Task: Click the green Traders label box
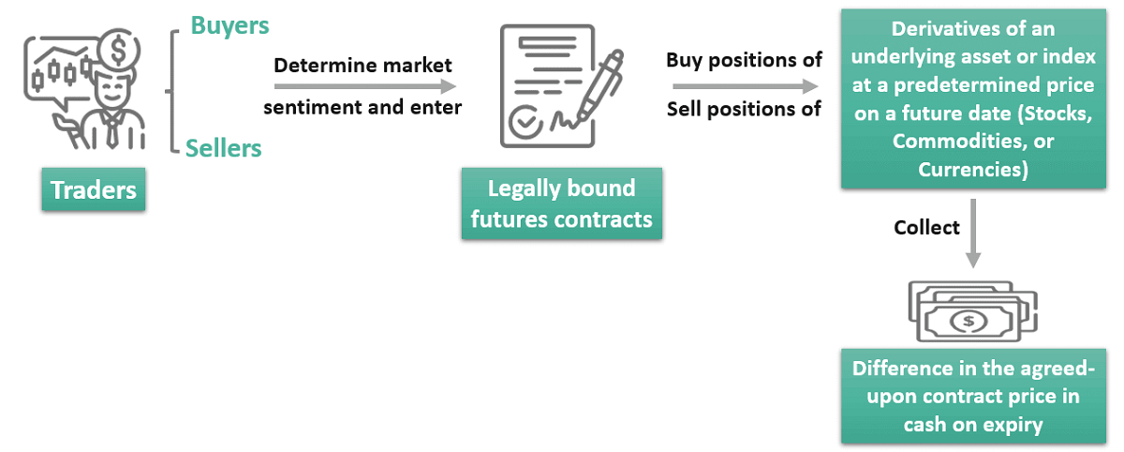coord(94,190)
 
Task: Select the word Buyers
coord(229,26)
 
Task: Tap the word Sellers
coord(223,147)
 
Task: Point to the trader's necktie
coord(111,132)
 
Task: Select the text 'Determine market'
coord(362,66)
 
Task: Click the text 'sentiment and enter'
coord(362,107)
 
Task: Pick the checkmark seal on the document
coord(524,122)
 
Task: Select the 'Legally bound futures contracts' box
coord(561,203)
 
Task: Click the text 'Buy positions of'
coord(745,61)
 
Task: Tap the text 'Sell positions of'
coord(745,109)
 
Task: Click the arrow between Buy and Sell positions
coord(745,86)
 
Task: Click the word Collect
coord(926,228)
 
